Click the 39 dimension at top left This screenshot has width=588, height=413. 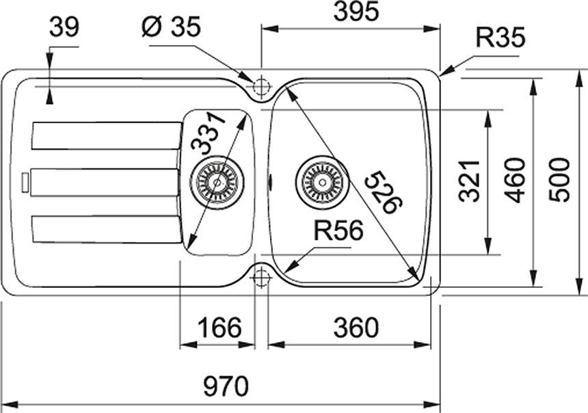click(65, 27)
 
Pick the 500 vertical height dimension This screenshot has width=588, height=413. click(561, 179)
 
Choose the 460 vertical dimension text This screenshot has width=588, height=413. click(517, 180)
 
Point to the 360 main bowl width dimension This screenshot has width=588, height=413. click(355, 328)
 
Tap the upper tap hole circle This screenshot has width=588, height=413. click(260, 88)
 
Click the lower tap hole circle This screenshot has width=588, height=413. click(260, 277)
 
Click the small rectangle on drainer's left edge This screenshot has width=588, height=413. click(25, 182)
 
